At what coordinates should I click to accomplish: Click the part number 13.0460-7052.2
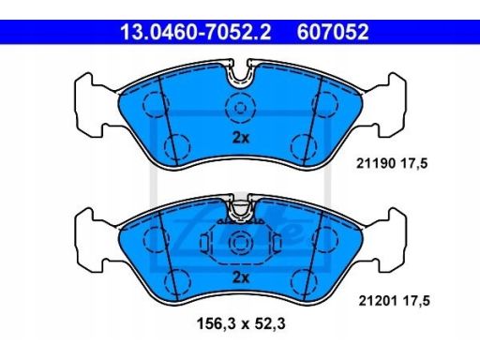click(196, 32)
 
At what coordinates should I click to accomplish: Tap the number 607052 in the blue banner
click(333, 32)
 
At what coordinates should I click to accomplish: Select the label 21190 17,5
click(392, 163)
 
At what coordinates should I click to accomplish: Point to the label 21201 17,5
click(394, 301)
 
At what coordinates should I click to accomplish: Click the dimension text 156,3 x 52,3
click(241, 323)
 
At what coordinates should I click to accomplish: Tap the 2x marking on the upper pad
click(241, 138)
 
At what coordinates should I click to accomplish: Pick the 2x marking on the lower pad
click(241, 277)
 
